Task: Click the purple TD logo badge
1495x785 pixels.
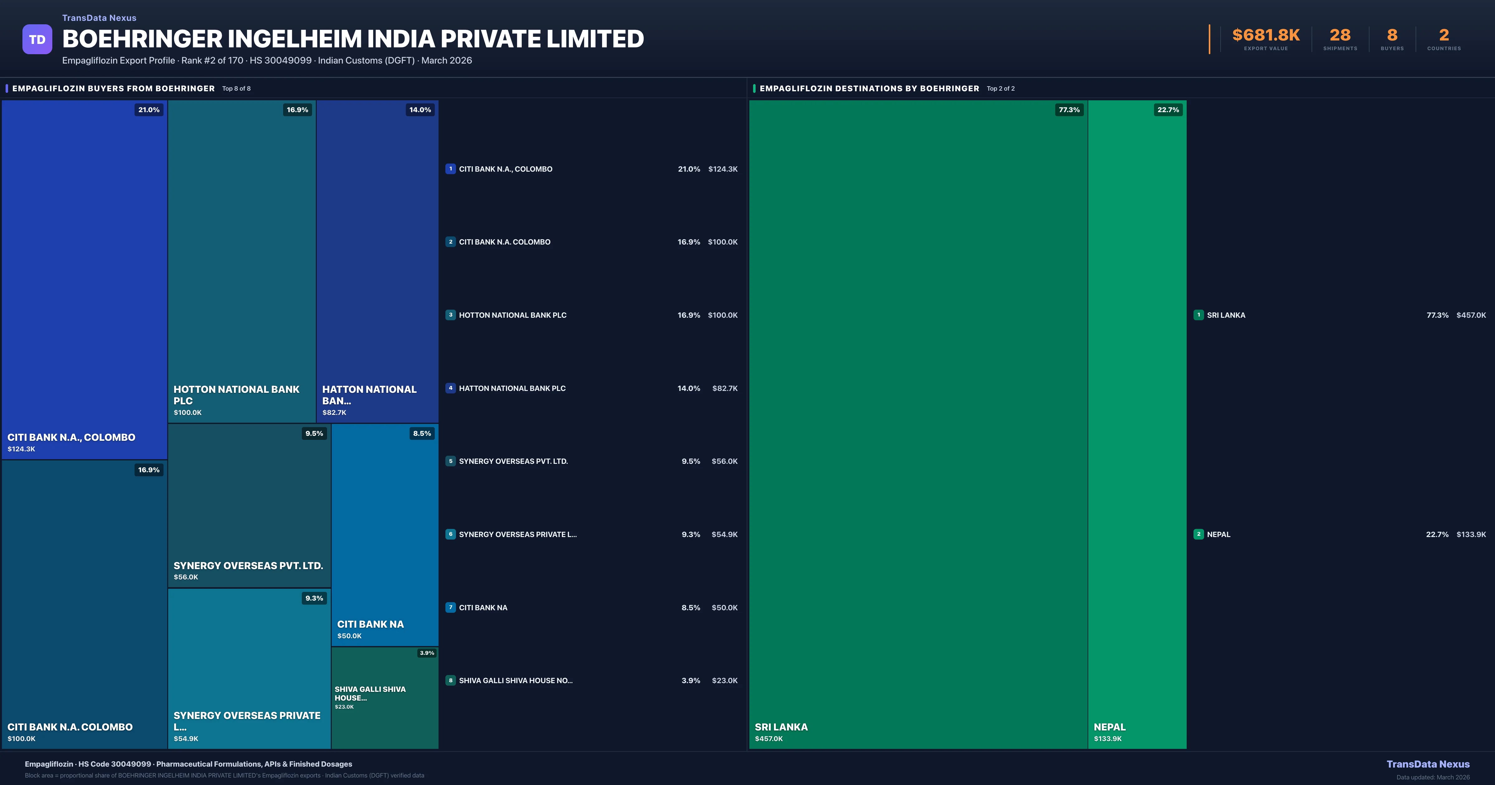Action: (x=37, y=40)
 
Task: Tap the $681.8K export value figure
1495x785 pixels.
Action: (x=1266, y=36)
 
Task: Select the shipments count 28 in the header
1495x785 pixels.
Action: (x=1340, y=36)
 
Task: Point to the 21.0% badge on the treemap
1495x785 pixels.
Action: (x=149, y=110)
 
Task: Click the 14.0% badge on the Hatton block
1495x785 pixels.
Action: (x=420, y=110)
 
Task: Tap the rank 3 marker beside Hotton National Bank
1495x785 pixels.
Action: (x=450, y=315)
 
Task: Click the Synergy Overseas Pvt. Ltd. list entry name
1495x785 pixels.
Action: (x=513, y=461)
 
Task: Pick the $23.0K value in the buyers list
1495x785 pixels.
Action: (x=724, y=680)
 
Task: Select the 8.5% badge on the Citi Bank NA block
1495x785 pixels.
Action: (x=422, y=433)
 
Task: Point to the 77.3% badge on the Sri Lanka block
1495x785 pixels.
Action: (x=1069, y=110)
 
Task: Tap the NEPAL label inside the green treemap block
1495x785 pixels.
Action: (x=1109, y=727)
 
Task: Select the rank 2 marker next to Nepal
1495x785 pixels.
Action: (x=1198, y=534)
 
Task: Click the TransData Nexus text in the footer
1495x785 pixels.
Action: (x=1428, y=764)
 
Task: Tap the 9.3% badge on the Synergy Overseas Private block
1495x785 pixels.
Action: (x=314, y=598)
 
